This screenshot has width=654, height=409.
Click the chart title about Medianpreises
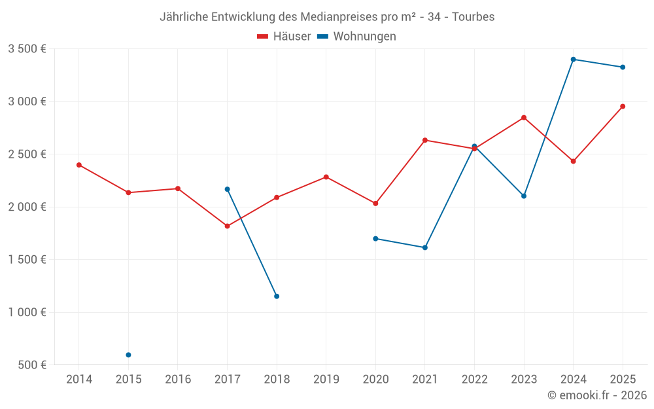click(x=327, y=16)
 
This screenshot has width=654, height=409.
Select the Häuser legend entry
click(x=284, y=37)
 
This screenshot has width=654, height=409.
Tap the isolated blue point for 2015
click(x=128, y=355)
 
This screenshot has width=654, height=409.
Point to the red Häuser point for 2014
click(x=79, y=165)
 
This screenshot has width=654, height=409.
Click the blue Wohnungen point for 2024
click(x=573, y=60)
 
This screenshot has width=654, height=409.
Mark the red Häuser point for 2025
click(x=623, y=106)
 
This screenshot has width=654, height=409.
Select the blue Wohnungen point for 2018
click(x=277, y=296)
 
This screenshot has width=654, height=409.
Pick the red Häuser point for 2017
click(x=227, y=226)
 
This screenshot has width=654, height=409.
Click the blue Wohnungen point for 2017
click(x=227, y=189)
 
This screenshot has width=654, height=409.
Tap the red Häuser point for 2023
click(x=524, y=118)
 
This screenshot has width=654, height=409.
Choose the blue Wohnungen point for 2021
click(x=425, y=247)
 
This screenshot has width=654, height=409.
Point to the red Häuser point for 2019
click(x=326, y=177)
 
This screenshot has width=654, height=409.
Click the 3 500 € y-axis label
click(x=27, y=49)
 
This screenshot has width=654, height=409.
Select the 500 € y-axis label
click(x=33, y=365)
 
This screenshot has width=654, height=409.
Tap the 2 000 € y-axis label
click(x=27, y=207)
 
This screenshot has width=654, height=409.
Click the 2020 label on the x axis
click(x=375, y=380)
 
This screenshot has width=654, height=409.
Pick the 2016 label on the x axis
click(x=178, y=380)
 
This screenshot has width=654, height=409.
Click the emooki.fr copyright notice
click(x=596, y=395)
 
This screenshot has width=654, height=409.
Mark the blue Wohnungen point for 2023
click(x=524, y=196)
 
